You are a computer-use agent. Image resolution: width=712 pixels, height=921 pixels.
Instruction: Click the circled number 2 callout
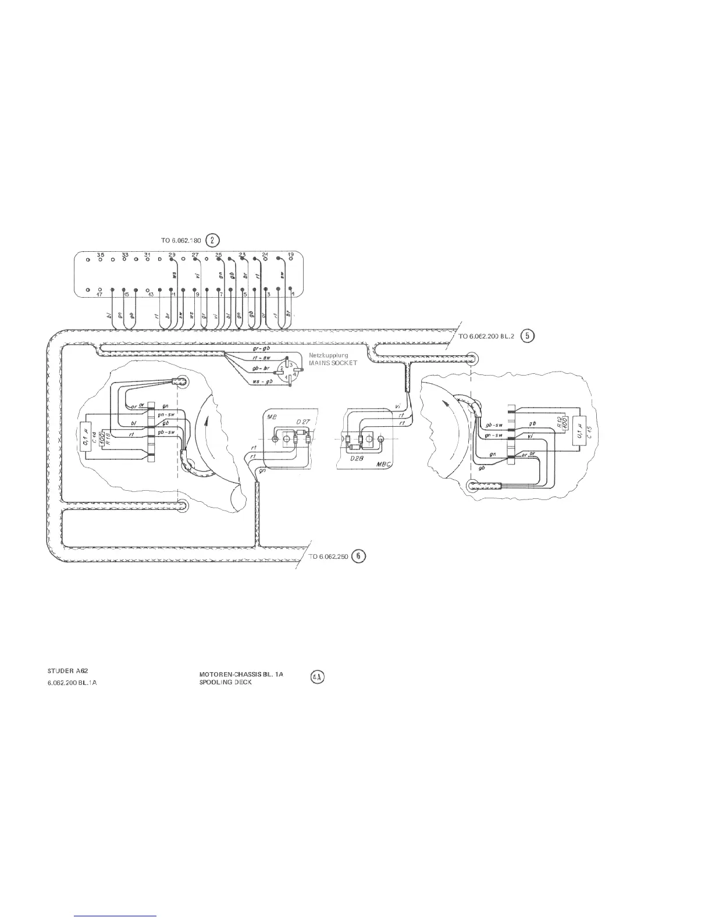click(213, 240)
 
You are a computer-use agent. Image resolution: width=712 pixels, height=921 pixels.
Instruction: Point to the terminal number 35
click(100, 255)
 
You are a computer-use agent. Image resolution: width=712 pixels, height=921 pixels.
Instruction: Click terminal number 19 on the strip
click(291, 255)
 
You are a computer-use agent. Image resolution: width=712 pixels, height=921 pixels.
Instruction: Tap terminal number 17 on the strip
click(99, 295)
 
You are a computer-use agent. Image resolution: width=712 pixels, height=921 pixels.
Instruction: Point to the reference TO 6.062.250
click(328, 556)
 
